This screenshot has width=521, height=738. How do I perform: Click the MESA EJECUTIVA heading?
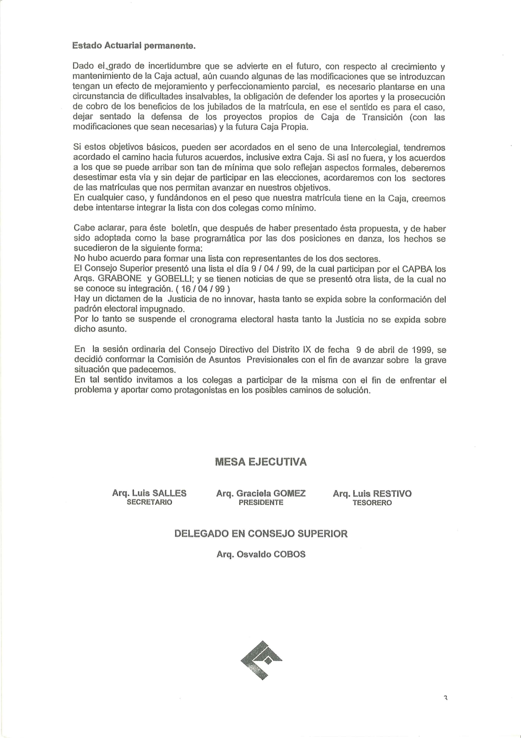pyautogui.click(x=261, y=462)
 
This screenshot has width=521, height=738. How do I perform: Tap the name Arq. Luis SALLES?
pyautogui.click(x=149, y=493)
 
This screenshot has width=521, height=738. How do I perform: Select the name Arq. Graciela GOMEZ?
pyautogui.click(x=261, y=493)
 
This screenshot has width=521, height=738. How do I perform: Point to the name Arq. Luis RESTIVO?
pyautogui.click(x=372, y=493)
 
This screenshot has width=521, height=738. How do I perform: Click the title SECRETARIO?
pyautogui.click(x=149, y=502)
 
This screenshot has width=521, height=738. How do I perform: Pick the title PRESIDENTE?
pyautogui.click(x=261, y=502)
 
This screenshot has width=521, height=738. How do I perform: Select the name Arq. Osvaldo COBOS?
pyautogui.click(x=261, y=555)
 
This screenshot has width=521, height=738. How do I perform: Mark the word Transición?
pyautogui.click(x=382, y=117)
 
